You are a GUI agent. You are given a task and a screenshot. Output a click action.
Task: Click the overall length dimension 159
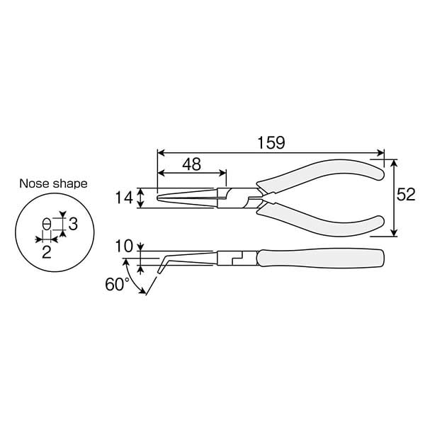[271, 142]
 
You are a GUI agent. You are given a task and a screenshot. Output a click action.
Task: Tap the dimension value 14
[125, 198]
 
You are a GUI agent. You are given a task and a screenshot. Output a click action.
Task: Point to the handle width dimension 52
[406, 196]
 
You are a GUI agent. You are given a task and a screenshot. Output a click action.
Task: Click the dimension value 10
[123, 246]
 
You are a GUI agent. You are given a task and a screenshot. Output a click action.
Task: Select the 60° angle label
[117, 285]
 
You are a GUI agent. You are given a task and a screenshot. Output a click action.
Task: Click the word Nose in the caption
[33, 183]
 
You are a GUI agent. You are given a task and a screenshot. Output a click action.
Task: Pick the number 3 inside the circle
[72, 225]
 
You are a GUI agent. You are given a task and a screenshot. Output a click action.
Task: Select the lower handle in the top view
[326, 217]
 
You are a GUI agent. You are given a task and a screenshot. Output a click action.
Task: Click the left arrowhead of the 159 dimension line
[159, 152]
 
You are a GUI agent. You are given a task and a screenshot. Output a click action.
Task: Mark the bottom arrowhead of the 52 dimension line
[393, 233]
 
